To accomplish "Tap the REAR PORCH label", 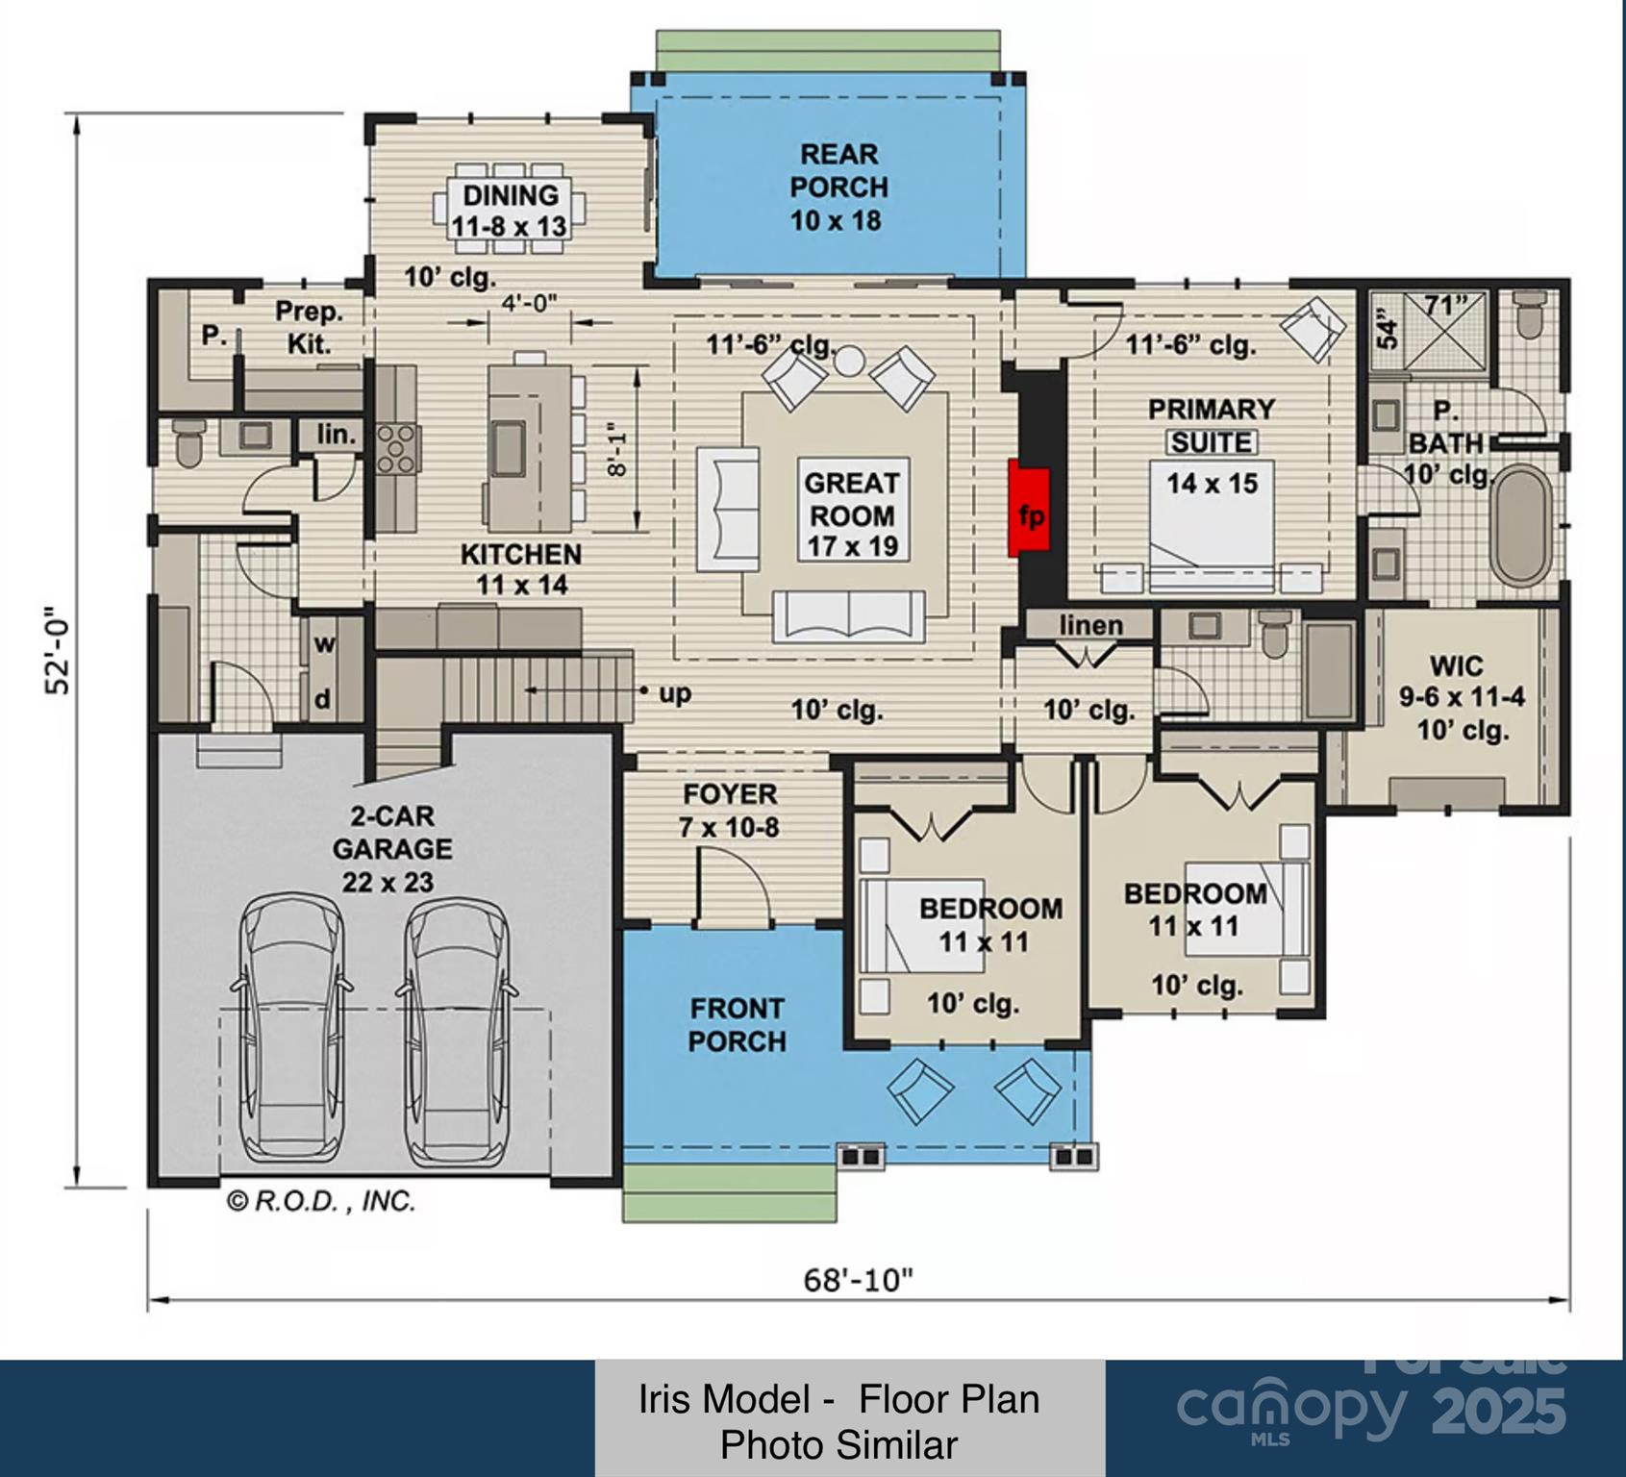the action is (x=838, y=170).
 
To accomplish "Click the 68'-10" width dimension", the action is (x=858, y=1280).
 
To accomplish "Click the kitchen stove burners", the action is (x=397, y=449).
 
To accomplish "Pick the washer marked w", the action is (x=324, y=644).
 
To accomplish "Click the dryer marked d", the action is (x=323, y=699).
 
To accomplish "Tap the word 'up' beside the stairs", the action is (x=675, y=692).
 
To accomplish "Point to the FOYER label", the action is (x=730, y=794).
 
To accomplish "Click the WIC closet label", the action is (x=1456, y=665).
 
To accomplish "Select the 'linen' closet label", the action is (x=1091, y=625).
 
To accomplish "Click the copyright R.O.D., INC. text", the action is (x=321, y=1201).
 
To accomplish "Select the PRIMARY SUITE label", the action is (x=1212, y=425).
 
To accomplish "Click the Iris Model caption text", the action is (x=839, y=1418).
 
